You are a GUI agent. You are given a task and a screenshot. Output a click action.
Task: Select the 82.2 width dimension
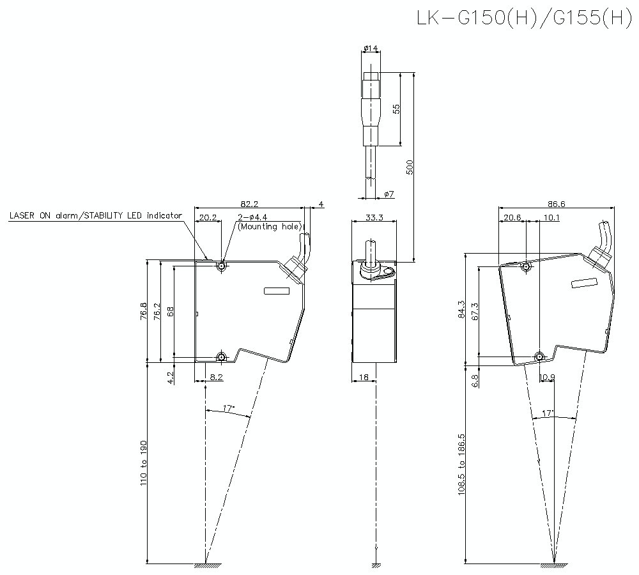[250, 204]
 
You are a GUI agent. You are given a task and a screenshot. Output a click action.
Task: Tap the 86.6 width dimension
[557, 204]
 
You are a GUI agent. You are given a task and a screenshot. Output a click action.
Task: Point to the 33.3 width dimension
[374, 218]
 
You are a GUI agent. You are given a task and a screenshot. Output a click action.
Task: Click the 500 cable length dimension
[411, 167]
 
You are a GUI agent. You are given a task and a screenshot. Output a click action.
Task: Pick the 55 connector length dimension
[396, 109]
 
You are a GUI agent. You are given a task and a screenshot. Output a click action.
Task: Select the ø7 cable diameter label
[389, 194]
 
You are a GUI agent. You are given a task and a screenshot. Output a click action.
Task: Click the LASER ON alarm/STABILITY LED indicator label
[95, 215]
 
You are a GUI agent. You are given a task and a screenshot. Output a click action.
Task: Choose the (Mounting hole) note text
[269, 226]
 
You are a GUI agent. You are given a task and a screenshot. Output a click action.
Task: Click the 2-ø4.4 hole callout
[254, 218]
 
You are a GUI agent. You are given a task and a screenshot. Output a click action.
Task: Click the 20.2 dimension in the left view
[207, 218]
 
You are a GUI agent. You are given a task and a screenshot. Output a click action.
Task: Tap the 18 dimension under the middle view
[363, 378]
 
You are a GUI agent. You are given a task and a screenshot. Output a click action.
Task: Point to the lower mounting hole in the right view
[539, 356]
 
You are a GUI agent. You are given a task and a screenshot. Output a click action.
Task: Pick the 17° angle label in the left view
[229, 408]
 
